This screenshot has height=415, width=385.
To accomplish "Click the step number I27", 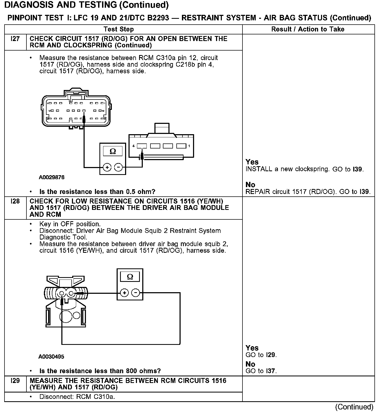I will [x=15, y=39].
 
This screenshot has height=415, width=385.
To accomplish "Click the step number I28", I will [x=15, y=201].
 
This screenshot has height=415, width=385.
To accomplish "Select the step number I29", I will [x=15, y=381].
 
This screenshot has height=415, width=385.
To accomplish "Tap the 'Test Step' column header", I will [x=119, y=29].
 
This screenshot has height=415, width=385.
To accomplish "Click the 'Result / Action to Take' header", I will [x=308, y=29].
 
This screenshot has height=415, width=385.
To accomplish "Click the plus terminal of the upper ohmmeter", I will [x=107, y=168].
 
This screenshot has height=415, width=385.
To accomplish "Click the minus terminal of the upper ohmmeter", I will [x=118, y=168].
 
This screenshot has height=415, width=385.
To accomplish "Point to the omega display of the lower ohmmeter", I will [x=130, y=277].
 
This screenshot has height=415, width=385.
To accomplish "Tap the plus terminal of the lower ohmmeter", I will [x=124, y=293].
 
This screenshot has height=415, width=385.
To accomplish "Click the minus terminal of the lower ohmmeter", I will [x=136, y=293].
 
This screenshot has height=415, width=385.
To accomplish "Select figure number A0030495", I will [x=51, y=357].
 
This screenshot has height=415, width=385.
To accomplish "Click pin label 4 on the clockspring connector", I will [x=134, y=146].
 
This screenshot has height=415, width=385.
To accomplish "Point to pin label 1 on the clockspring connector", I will [x=189, y=146].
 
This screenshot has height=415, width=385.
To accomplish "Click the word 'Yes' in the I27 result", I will [x=252, y=162].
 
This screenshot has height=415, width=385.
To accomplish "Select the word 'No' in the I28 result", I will [x=250, y=364].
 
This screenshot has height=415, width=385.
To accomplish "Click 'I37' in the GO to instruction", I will [x=271, y=371].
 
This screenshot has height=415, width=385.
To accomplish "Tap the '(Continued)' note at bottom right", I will [x=354, y=407].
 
